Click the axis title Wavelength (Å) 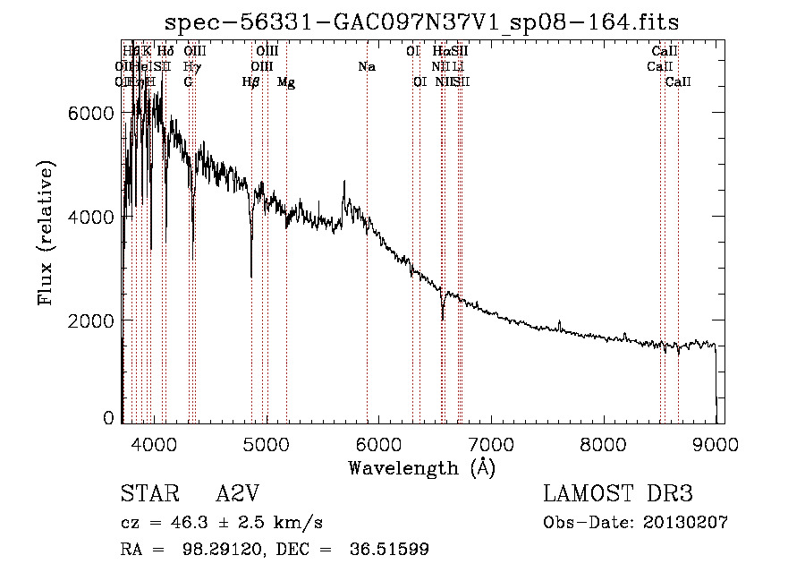coord(421,467)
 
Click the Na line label coord(366,66)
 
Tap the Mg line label coord(286,82)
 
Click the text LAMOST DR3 coord(618,495)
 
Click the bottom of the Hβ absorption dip coord(251,277)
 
